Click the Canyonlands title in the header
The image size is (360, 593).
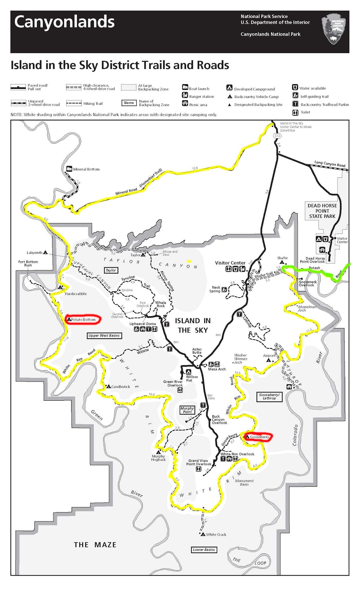click(65, 22)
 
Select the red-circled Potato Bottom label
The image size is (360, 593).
click(83, 319)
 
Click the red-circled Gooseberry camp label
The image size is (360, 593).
click(258, 437)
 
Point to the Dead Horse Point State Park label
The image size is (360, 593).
click(322, 211)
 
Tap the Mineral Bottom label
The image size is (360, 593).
click(86, 169)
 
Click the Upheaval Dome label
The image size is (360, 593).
click(143, 324)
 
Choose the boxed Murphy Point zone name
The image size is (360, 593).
click(187, 410)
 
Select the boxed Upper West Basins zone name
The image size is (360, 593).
click(104, 335)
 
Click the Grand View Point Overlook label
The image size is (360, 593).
click(199, 463)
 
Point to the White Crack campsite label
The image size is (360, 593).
click(216, 534)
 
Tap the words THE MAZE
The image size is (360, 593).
click(95, 545)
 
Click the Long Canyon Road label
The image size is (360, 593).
click(330, 163)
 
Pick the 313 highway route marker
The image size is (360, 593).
click(277, 136)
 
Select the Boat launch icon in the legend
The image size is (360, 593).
click(185, 87)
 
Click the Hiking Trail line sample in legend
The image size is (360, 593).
click(74, 103)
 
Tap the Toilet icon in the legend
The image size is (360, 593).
click(295, 112)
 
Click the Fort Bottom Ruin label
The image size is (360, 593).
click(28, 263)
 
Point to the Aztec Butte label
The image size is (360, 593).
click(197, 351)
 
